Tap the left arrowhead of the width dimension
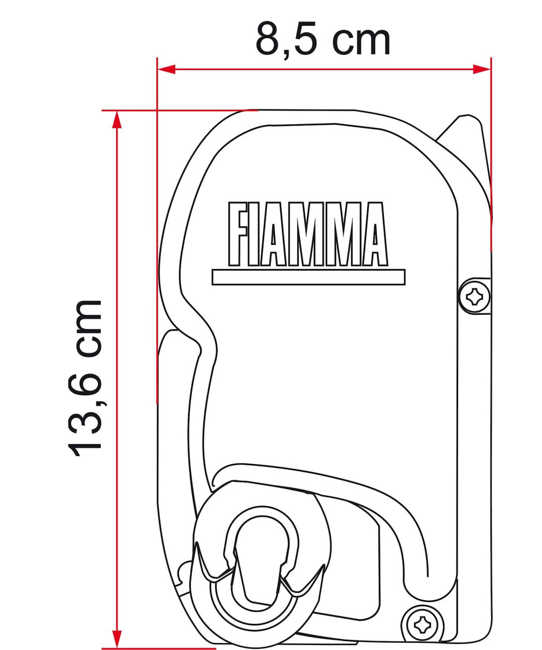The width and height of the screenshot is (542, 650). click(x=166, y=70)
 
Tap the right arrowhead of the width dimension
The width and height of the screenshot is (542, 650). click(x=482, y=70)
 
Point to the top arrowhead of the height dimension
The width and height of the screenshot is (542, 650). click(x=117, y=120)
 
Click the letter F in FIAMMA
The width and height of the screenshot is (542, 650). click(x=238, y=234)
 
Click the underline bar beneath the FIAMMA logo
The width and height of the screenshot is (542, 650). click(x=308, y=277)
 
